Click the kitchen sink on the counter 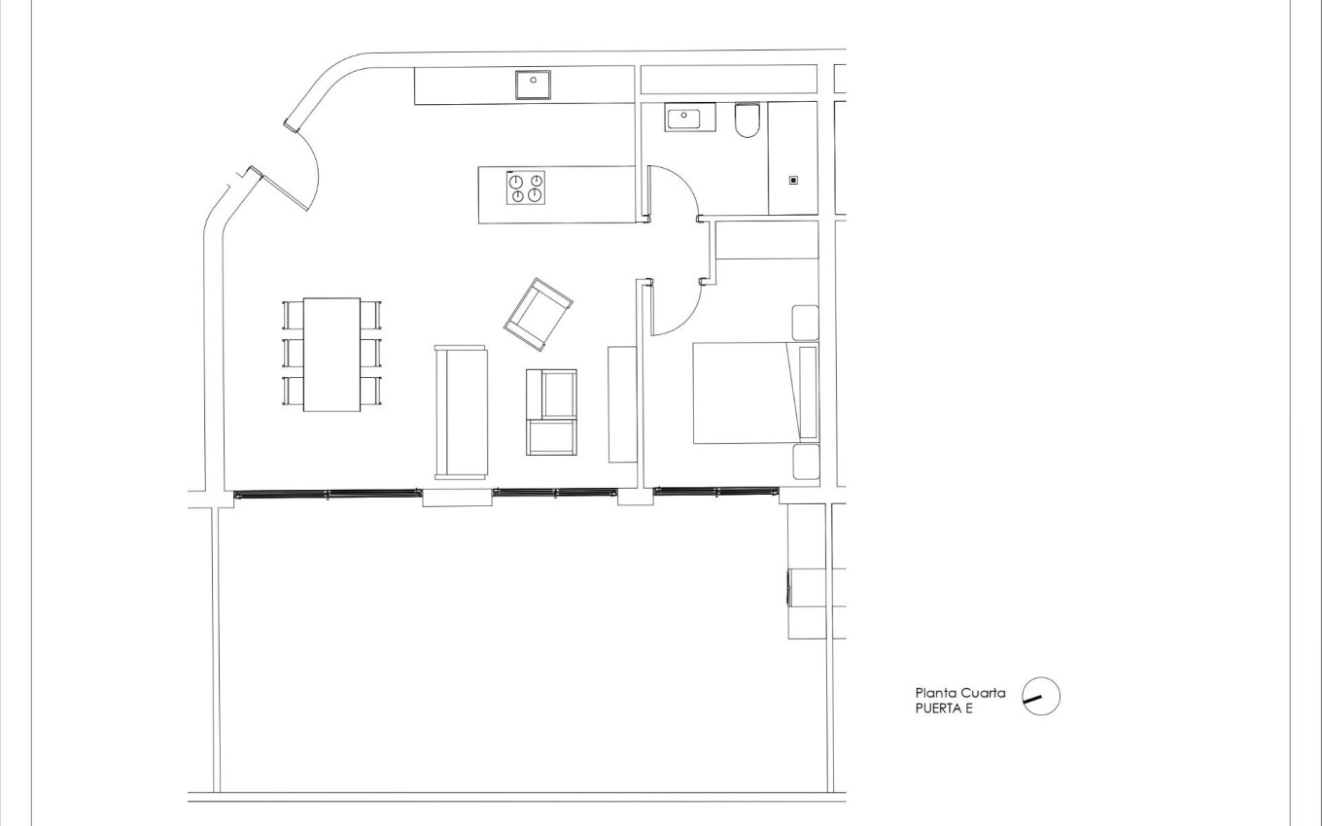(x=533, y=85)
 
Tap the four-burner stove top (x=525, y=189)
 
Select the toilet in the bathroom (x=748, y=120)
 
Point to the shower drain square (x=794, y=181)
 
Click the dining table (x=331, y=355)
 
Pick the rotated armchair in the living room (x=539, y=315)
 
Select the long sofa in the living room (x=461, y=412)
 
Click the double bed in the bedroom (x=756, y=393)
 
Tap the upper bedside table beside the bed (x=805, y=323)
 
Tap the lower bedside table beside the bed (x=806, y=462)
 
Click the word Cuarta (x=984, y=693)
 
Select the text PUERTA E (x=944, y=709)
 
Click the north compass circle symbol (x=1041, y=696)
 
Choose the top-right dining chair (x=371, y=315)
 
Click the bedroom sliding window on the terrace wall (x=715, y=491)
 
